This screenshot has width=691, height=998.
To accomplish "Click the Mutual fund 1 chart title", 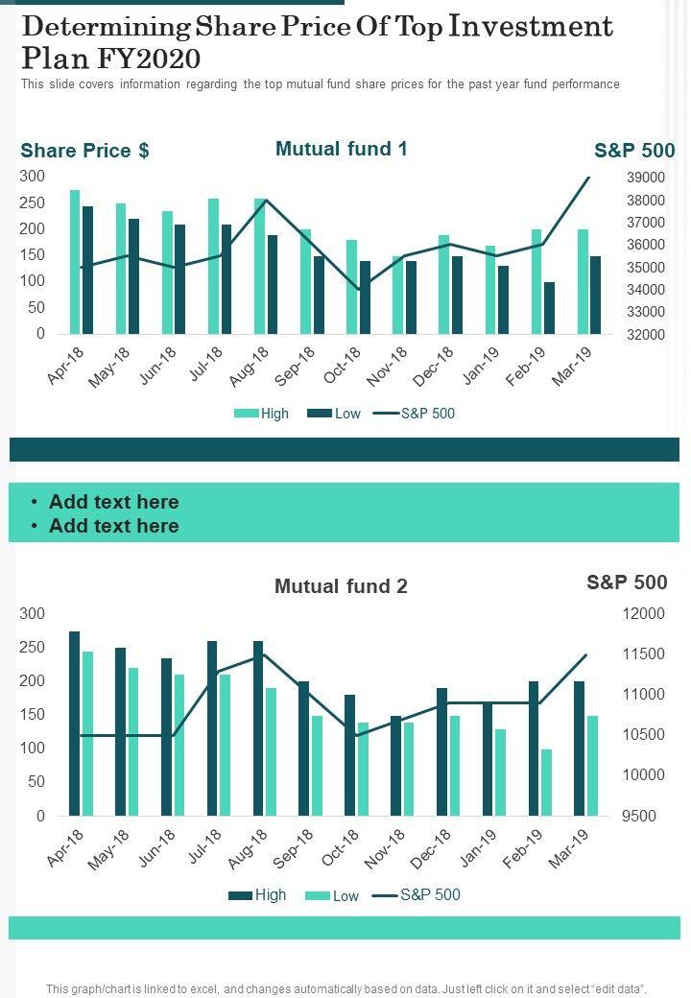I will click(341, 149).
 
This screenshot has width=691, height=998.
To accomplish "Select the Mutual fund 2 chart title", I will click(341, 586).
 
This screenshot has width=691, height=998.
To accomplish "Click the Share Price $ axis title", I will click(84, 151).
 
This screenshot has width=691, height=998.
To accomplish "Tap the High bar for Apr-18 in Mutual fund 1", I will click(75, 261).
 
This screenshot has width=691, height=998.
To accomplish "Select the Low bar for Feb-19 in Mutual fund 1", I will click(549, 308).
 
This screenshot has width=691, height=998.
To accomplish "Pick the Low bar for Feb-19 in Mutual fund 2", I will click(547, 782).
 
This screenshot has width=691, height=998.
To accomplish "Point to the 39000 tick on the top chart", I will click(646, 178).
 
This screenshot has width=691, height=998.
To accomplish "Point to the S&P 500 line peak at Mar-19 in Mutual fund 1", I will click(589, 178).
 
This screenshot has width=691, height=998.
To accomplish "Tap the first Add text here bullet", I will click(113, 502).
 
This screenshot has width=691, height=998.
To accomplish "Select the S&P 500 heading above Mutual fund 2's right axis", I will click(627, 582).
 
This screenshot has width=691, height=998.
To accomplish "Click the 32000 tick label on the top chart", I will click(646, 335).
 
